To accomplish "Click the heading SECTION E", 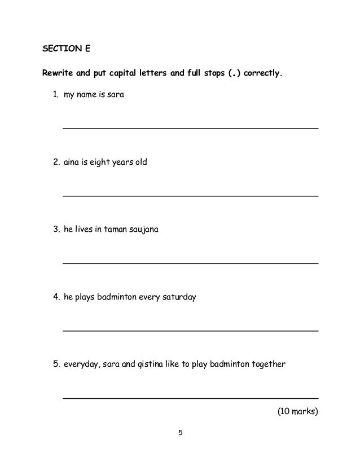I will (x=67, y=49).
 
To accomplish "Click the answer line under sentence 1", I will (x=190, y=129).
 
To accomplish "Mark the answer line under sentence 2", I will (x=190, y=196).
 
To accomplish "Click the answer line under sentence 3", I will (x=190, y=263).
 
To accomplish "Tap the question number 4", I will (x=56, y=297).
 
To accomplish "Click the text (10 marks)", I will (x=297, y=411).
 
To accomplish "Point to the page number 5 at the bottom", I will (x=180, y=433).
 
